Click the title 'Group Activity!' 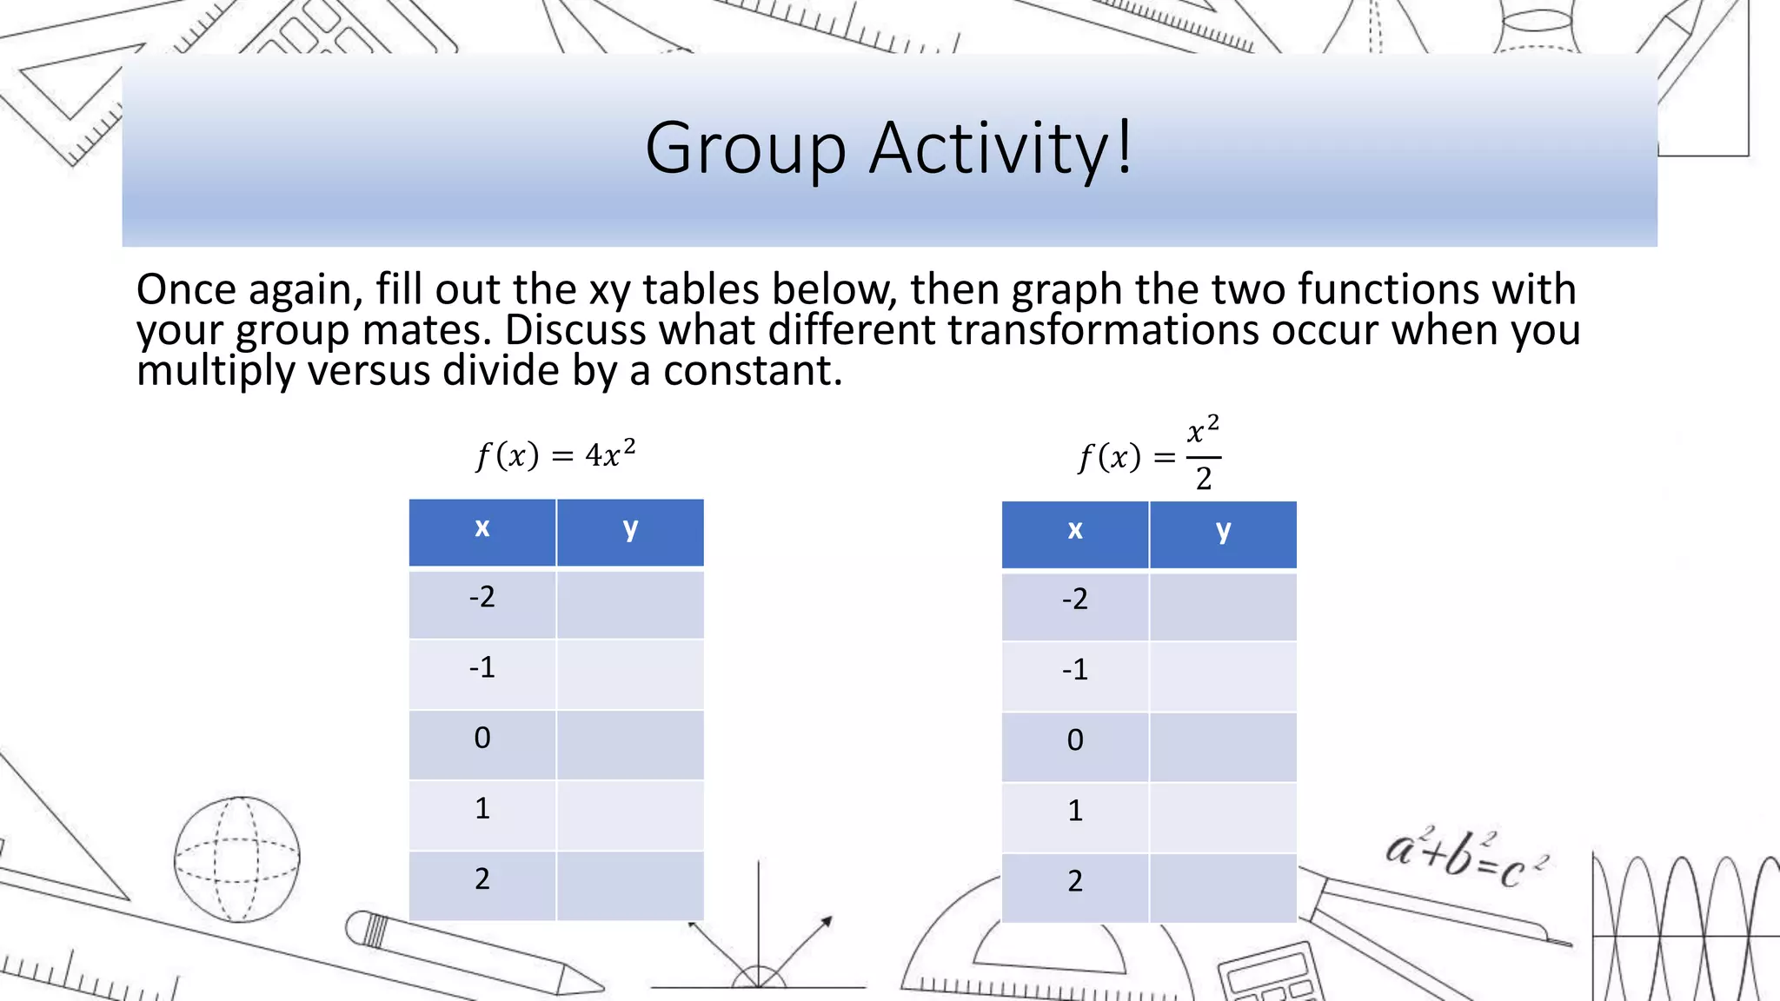click(x=888, y=149)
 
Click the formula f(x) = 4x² click(x=556, y=454)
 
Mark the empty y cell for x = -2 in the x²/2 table click(x=1223, y=606)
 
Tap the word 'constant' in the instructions click(x=751, y=372)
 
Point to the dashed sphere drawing click(x=236, y=858)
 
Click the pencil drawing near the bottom click(x=469, y=951)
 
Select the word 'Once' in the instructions click(x=186, y=290)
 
